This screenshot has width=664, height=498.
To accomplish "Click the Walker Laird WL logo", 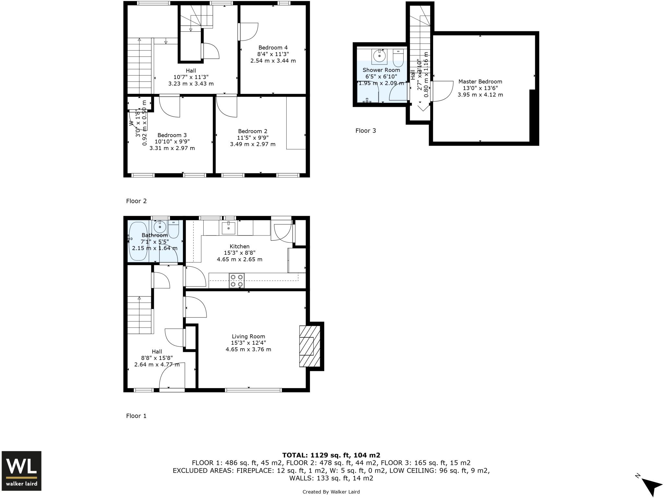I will (x=21, y=470).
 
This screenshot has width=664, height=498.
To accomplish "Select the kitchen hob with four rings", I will (x=237, y=281).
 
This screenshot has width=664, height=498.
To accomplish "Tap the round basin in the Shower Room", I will (x=379, y=56).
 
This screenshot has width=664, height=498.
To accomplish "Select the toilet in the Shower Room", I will (x=398, y=58).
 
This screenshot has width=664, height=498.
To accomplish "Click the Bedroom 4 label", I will (x=273, y=48).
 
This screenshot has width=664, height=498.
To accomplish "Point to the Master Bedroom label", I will (x=480, y=82).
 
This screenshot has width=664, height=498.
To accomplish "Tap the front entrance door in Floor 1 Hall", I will (x=172, y=376).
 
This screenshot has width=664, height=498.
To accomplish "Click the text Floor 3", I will (x=365, y=131).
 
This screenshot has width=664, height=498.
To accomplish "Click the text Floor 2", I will (x=136, y=201).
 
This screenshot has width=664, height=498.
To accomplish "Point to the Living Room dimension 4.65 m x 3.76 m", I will (x=248, y=350).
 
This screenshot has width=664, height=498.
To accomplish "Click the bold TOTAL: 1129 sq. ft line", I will (x=331, y=455).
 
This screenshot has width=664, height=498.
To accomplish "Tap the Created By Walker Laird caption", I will (x=331, y=492).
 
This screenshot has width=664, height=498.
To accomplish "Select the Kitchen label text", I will (x=239, y=247).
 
